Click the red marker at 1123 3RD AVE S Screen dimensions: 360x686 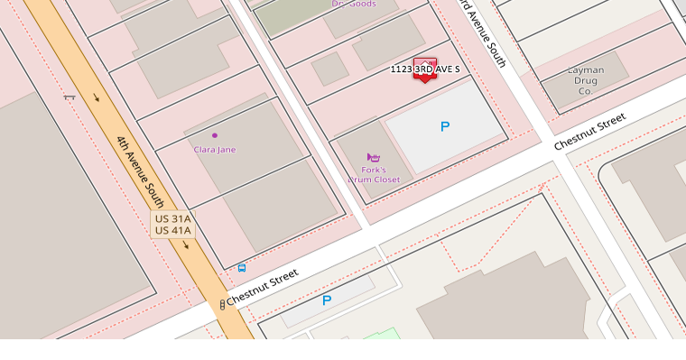click(x=424, y=69)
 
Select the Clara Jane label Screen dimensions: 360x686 click(x=215, y=150)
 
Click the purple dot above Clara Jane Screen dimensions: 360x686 click(x=215, y=135)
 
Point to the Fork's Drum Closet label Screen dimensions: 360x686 click(x=374, y=174)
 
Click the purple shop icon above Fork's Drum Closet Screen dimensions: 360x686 click(x=374, y=157)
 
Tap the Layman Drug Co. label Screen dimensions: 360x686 click(x=585, y=80)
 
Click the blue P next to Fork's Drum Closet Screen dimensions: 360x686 click(x=444, y=127)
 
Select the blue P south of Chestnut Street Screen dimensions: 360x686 click(x=327, y=300)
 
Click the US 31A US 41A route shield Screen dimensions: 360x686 click(x=172, y=225)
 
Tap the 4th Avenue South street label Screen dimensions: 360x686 click(x=140, y=171)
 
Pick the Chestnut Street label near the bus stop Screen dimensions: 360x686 click(x=263, y=286)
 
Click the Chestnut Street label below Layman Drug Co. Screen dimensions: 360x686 click(x=589, y=132)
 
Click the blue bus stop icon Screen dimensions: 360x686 click(x=241, y=268)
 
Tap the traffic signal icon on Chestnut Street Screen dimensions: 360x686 click(x=222, y=305)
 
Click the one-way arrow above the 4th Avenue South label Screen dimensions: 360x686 click(x=96, y=97)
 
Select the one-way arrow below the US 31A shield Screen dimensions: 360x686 click(x=187, y=245)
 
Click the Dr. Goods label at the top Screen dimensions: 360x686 click(x=354, y=5)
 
